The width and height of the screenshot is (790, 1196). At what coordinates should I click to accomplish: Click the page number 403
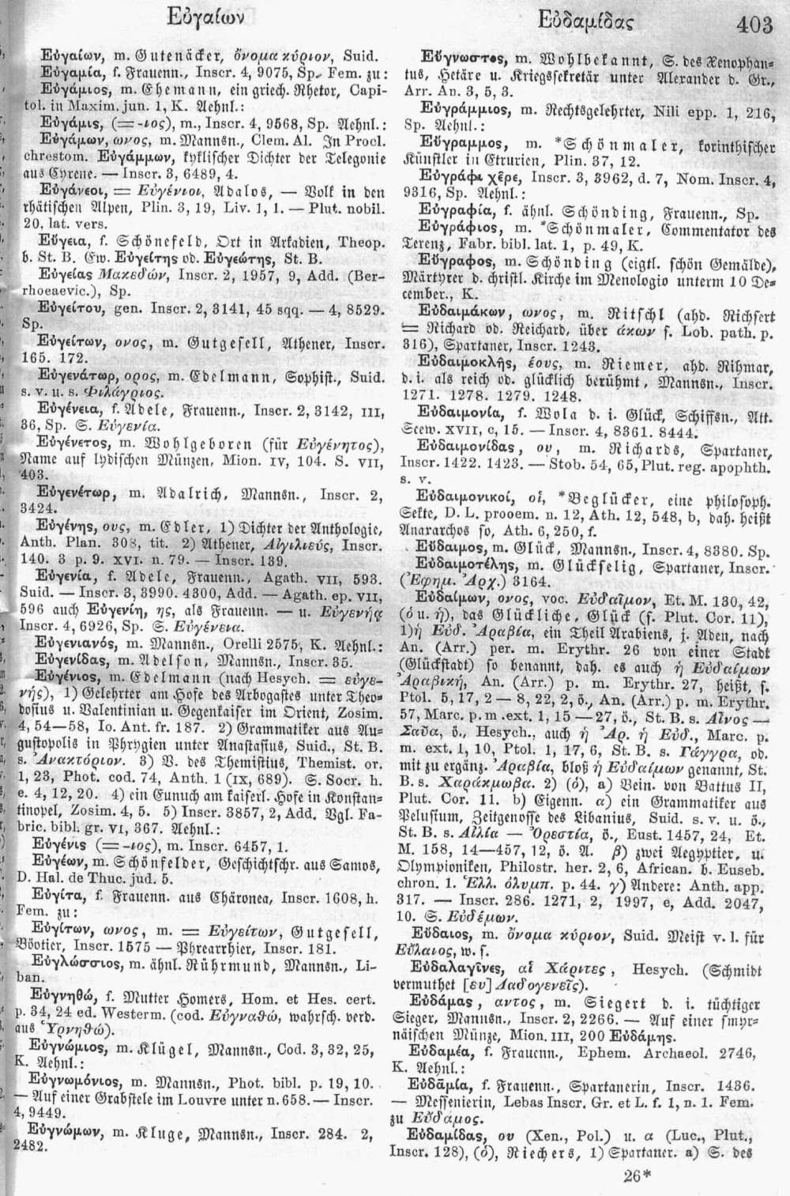[x=747, y=25]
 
